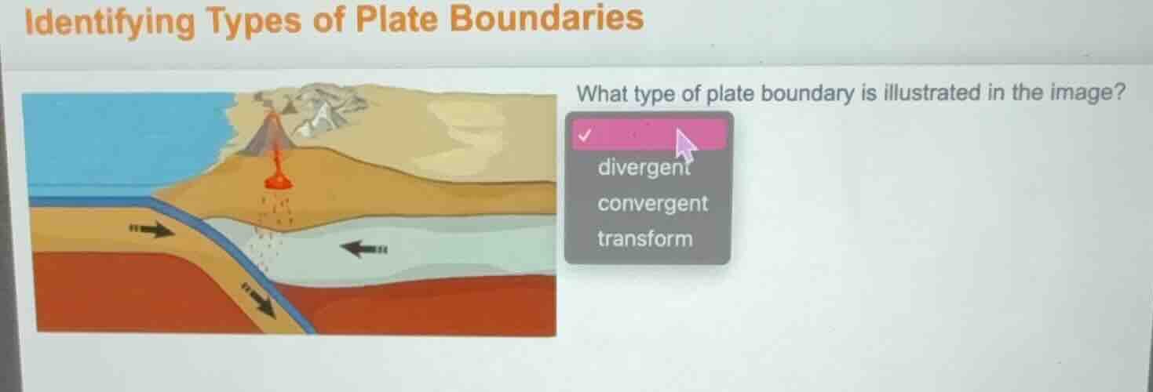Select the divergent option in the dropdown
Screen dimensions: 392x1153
643,167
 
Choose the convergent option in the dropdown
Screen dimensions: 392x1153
652,204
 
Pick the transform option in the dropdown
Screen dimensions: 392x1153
645,238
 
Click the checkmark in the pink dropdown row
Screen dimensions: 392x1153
583,134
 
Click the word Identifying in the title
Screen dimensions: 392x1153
109,22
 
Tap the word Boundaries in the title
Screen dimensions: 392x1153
547,18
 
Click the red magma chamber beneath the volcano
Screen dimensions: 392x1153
277,180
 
